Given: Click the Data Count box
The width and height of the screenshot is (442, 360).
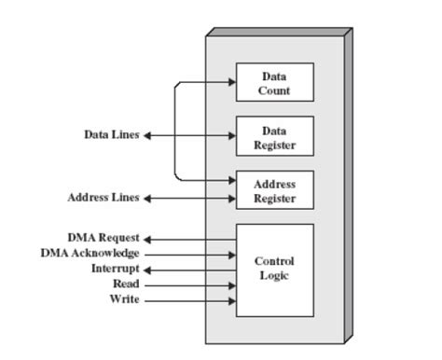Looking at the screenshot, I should tap(274, 82).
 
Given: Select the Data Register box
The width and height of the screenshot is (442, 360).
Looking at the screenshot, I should tap(274, 136).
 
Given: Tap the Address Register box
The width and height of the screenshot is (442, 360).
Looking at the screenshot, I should tap(274, 190).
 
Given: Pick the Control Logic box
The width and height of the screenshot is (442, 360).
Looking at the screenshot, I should tap(274, 270).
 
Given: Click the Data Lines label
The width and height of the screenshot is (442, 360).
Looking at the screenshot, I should tap(111, 135).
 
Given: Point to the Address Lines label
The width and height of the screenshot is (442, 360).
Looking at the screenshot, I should tap(103, 198).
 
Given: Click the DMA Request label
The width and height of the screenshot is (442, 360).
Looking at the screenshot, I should tap(103, 238).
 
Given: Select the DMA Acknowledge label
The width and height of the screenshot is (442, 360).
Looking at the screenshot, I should tap(90, 253).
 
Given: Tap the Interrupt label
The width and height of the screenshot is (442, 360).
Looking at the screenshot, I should tap(115, 269).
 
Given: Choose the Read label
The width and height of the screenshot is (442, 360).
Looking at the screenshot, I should tap(126, 284).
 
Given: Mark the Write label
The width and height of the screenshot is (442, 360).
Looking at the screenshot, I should tap(125, 299).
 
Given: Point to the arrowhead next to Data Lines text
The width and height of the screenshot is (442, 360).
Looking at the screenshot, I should tap(147, 135).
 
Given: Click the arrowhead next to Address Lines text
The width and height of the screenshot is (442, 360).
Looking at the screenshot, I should tap(147, 198).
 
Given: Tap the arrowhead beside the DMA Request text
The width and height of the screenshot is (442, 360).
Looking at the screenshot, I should tap(147, 239).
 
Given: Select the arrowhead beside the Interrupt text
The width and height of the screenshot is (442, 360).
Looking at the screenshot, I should tap(147, 270).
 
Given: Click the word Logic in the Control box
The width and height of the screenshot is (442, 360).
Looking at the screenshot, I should tap(274, 276).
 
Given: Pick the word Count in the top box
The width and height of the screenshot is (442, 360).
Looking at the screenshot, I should tap(274, 90).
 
